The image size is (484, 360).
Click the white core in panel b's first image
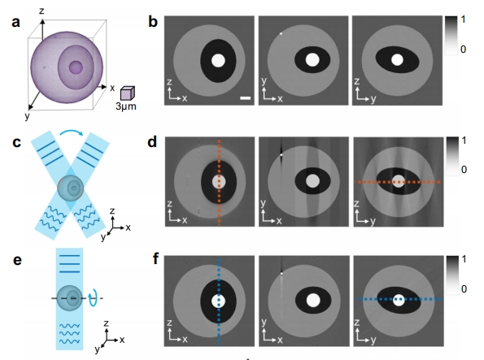coord(218,62)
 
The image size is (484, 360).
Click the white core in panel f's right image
coord(399,300)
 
